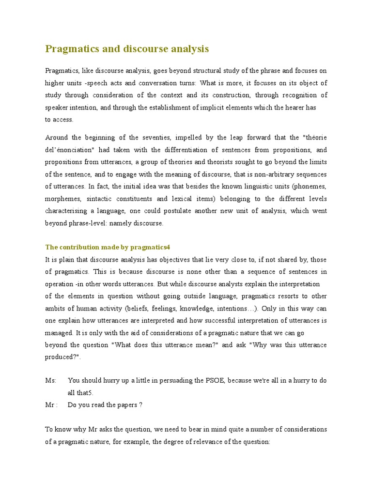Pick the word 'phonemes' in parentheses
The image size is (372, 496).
(x=308, y=186)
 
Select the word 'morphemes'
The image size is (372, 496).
(x=63, y=199)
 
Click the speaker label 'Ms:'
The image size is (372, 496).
(x=50, y=381)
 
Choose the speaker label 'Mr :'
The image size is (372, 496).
(x=51, y=405)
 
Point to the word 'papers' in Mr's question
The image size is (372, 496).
(x=126, y=405)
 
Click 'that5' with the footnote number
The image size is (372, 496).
(x=85, y=393)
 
